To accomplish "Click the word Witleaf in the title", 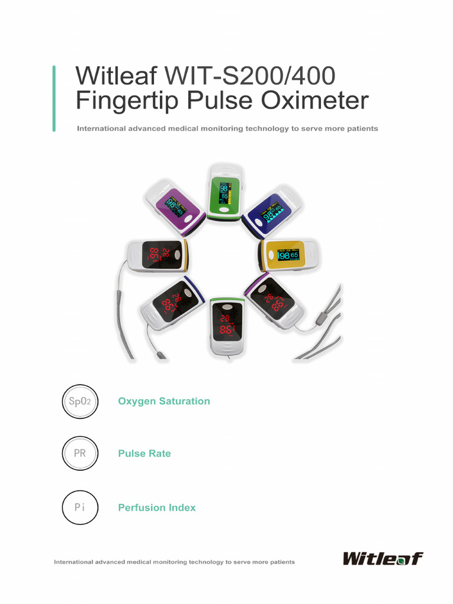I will point(116,76).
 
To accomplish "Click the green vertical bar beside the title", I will point(54,98).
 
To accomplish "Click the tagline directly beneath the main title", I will point(227,128).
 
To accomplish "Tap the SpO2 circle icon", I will point(80,401).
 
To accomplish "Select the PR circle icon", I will point(80,454).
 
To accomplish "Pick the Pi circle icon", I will point(80,507).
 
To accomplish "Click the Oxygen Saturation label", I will point(164,401).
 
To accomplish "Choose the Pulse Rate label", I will point(145,454).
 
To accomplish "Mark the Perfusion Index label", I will point(157,507).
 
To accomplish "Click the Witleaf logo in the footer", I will point(383,558).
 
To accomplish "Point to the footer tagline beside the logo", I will point(175,562).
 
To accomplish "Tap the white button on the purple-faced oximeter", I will point(191,218).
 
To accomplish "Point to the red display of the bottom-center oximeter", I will point(226,324).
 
